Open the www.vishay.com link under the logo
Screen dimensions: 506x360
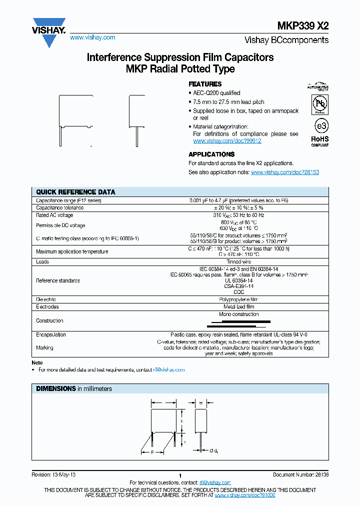pyautogui.click(x=92, y=37)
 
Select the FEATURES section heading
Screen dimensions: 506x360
pyautogui.click(x=204, y=84)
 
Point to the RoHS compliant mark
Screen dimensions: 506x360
pyautogui.click(x=320, y=140)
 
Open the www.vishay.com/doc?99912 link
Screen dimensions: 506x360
pyautogui.click(x=227, y=141)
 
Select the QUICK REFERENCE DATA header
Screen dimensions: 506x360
pyautogui.click(x=75, y=192)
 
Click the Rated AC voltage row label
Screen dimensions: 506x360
pyautogui.click(x=54, y=215)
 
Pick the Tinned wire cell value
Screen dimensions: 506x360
pyautogui.click(x=238, y=261)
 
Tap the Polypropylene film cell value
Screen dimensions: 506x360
pyautogui.click(x=238, y=299)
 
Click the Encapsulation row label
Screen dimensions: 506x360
pyautogui.click(x=51, y=334)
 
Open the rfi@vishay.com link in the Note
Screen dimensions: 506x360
pyautogui.click(x=169, y=370)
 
